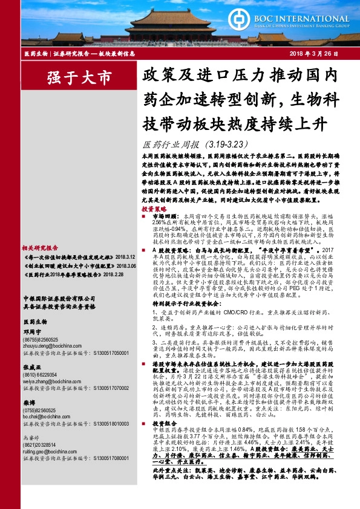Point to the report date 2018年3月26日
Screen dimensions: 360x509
pos(316,53)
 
